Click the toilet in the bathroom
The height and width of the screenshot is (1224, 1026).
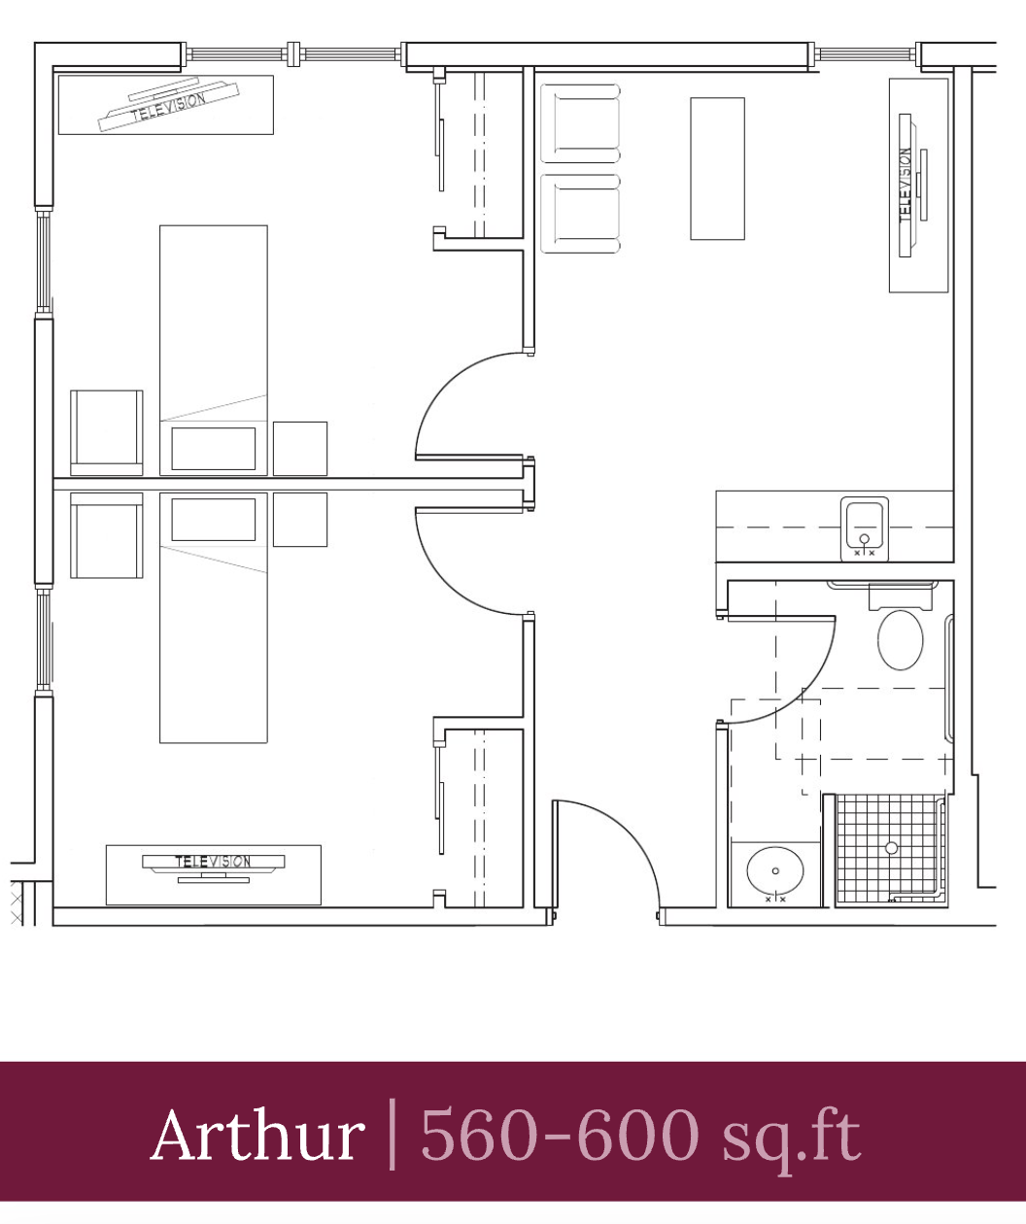tap(900, 639)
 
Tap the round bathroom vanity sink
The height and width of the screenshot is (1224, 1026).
tap(775, 870)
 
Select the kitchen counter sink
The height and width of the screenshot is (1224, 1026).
tap(864, 528)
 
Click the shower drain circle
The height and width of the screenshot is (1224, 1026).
tap(891, 848)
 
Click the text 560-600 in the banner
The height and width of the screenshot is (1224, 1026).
tap(560, 1135)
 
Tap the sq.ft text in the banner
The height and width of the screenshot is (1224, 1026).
tap(792, 1140)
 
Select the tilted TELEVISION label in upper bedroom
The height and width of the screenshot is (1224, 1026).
tap(168, 107)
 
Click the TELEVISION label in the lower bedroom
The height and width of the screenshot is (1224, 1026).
tap(214, 862)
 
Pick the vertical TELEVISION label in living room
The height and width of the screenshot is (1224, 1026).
tap(905, 186)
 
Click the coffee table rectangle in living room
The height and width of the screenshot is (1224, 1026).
tap(717, 169)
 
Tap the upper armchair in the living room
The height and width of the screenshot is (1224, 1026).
tap(580, 123)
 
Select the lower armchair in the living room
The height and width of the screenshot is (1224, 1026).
tap(580, 214)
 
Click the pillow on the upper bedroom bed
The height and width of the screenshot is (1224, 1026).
tap(214, 449)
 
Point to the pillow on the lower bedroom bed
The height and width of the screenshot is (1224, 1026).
tap(214, 520)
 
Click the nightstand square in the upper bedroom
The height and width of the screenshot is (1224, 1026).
tap(300, 449)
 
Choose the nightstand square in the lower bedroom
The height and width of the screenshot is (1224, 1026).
tap(300, 520)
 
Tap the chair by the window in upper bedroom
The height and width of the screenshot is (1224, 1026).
tap(107, 432)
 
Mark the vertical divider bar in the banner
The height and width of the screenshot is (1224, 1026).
tap(393, 1135)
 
